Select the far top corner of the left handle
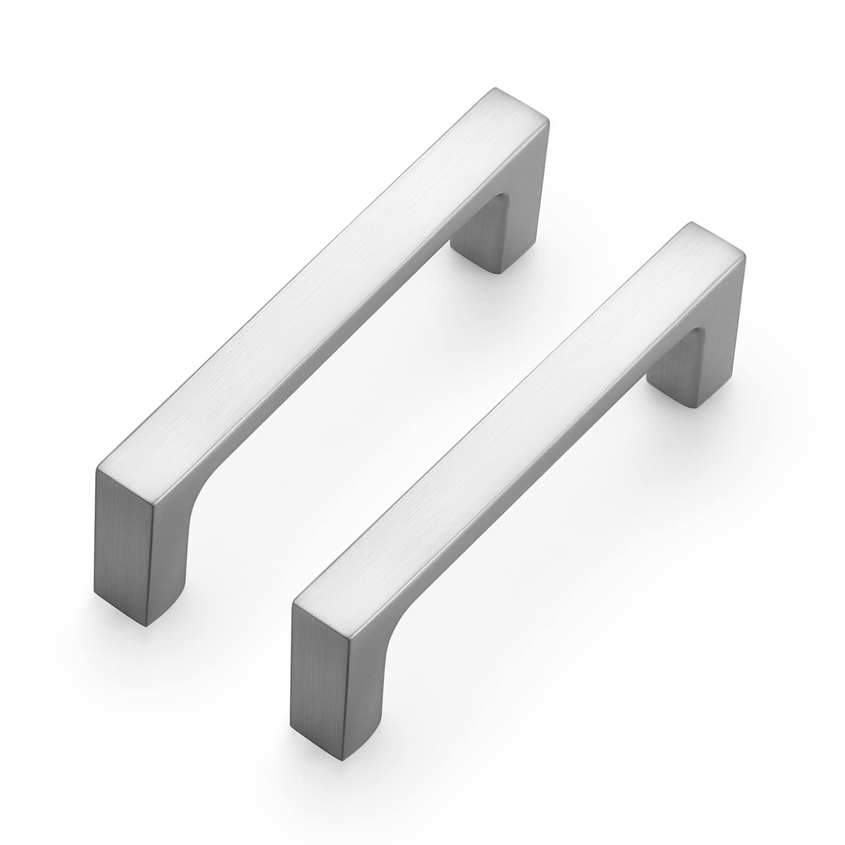tap(496, 90)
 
